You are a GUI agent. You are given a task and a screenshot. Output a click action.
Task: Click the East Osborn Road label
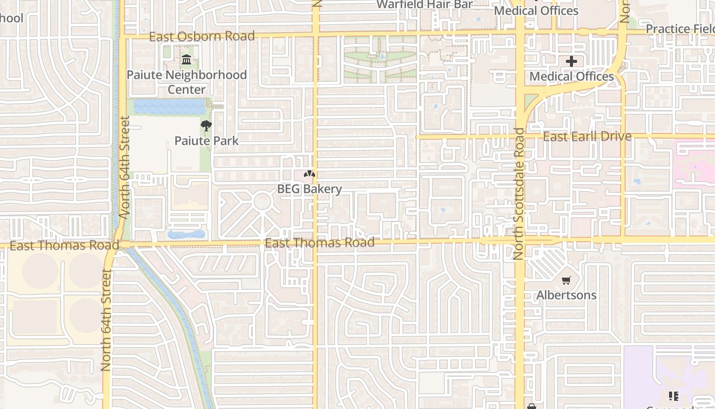coord(202,36)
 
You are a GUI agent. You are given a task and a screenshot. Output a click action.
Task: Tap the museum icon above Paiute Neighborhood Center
coord(186,60)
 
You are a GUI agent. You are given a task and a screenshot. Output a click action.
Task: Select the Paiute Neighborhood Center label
coord(186,82)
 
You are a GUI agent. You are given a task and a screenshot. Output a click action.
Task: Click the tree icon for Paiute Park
coord(206,126)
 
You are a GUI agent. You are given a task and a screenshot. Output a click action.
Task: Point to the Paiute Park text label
coord(206,141)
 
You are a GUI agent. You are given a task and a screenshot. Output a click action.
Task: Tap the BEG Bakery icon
coord(309,174)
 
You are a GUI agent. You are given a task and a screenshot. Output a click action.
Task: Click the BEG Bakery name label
coord(309,189)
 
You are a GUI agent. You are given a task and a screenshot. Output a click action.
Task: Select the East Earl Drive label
coord(587,137)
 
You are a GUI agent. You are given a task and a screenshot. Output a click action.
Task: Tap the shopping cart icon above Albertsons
coord(566,280)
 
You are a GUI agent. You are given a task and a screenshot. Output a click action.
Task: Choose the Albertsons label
coord(566,295)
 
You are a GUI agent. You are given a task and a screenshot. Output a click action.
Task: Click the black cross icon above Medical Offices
coord(571,62)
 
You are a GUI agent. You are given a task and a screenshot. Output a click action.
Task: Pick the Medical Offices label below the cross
coord(571,77)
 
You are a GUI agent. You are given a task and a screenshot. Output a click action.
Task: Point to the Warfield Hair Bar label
coord(425,5)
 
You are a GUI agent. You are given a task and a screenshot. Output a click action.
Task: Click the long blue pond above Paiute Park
coord(170,107)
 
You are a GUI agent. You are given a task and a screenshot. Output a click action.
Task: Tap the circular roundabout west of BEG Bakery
coord(263,201)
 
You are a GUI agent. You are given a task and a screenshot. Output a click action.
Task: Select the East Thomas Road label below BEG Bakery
coord(320,242)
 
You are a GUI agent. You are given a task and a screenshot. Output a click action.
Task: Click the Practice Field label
coord(680,29)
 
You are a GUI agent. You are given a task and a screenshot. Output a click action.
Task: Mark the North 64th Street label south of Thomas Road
coord(106,321)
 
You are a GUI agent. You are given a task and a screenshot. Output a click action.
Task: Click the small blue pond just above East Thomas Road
coord(186,234)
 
